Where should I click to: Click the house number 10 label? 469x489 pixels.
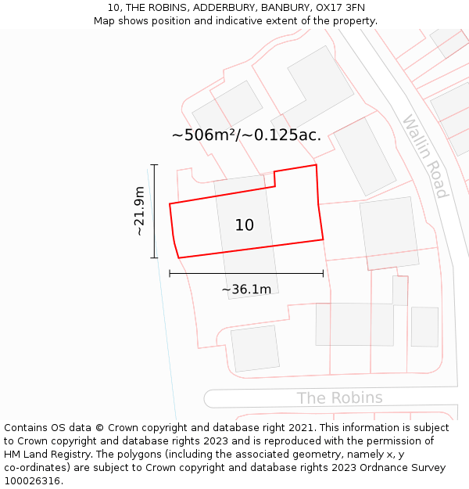tap(244, 225)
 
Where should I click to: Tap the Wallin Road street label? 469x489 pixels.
tap(425, 156)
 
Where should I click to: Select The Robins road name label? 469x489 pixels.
tap(339, 397)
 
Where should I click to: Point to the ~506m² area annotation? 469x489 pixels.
tap(246, 135)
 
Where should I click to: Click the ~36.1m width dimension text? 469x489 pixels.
tap(246, 289)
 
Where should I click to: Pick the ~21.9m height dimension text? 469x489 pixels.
tap(139, 211)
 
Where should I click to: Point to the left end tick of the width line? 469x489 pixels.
tap(170, 273)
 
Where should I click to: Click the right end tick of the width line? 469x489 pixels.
tap(323, 273)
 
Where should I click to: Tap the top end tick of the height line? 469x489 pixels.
tap(154, 165)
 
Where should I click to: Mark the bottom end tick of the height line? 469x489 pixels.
tap(154, 257)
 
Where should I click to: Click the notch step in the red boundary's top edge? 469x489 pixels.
tap(274, 178)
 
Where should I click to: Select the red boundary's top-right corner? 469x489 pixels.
tap(316, 165)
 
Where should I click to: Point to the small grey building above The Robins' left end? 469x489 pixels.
tap(255, 348)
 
